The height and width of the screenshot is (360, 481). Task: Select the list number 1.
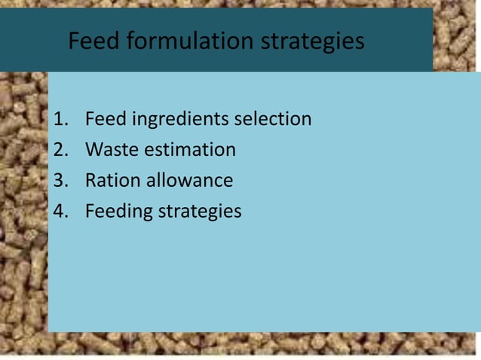tap(61, 119)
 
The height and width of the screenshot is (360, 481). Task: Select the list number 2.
tap(61, 150)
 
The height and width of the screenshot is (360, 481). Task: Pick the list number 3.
tap(61, 181)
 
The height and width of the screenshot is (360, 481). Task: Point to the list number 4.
tap(61, 212)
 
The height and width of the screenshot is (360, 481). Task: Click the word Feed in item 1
tap(104, 119)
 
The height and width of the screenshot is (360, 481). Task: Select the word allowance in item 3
tap(189, 181)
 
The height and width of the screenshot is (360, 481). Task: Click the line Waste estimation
tap(160, 150)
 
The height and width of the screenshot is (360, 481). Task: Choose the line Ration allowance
tap(158, 181)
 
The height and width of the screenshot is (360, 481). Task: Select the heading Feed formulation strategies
tap(216, 41)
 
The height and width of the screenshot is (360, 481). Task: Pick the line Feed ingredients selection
tap(198, 119)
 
